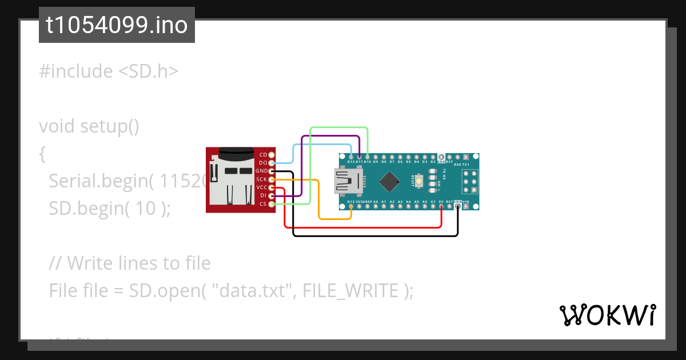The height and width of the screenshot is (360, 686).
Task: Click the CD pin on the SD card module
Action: pos(272,155)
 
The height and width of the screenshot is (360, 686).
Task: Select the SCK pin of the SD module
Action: pos(272,179)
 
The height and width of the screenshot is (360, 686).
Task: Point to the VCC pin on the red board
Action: pos(272,187)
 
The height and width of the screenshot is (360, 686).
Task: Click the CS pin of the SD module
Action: pos(272,204)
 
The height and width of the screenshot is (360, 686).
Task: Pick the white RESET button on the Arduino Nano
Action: pos(420,181)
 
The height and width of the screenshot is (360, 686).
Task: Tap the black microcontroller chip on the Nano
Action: pos(389,181)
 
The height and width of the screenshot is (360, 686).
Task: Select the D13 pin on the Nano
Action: pos(350,206)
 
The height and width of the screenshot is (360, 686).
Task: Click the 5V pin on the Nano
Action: pos(441,206)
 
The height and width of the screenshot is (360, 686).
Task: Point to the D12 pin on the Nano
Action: pos(350,157)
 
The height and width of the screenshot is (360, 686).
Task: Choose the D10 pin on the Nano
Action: pos(367,157)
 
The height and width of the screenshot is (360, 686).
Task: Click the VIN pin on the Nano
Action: pos(466,206)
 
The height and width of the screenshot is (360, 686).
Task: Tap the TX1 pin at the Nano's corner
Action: pos(474,157)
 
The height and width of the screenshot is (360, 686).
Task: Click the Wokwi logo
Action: pos(607,315)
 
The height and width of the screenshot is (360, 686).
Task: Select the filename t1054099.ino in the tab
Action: pos(117,25)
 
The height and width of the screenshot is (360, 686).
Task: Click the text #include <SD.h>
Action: pos(109,71)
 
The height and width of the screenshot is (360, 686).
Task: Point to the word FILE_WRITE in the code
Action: pos(350,291)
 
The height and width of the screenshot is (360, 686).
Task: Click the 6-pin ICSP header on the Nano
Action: pos(469,181)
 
